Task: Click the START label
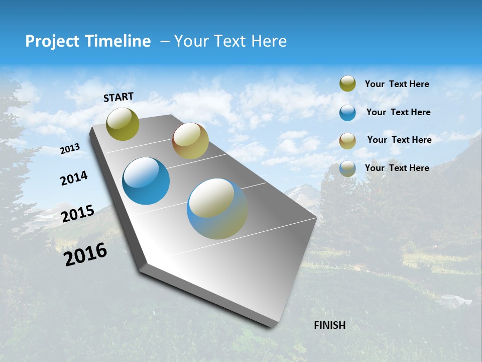pyautogui.click(x=118, y=97)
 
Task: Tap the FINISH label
pyautogui.click(x=329, y=325)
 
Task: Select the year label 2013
pyautogui.click(x=70, y=149)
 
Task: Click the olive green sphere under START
pyautogui.click(x=123, y=124)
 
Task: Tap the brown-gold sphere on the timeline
pyautogui.click(x=190, y=141)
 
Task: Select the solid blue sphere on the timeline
pyautogui.click(x=146, y=181)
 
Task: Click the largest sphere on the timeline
pyautogui.click(x=217, y=209)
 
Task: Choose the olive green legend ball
pyautogui.click(x=347, y=83)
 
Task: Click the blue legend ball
pyautogui.click(x=347, y=113)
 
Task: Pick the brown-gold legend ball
pyautogui.click(x=347, y=141)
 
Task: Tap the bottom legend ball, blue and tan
pyautogui.click(x=347, y=168)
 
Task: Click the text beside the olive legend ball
pyautogui.click(x=397, y=84)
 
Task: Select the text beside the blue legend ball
pyautogui.click(x=398, y=112)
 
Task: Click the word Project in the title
pyautogui.click(x=51, y=41)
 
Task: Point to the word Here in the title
pyautogui.click(x=268, y=41)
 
